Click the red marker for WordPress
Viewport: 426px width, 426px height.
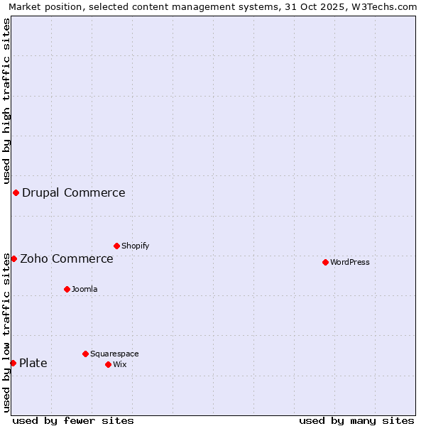[325, 262]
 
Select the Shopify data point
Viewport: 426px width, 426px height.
[116, 246]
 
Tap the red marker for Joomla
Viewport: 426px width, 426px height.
[67, 289]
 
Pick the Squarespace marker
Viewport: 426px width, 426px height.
[85, 354]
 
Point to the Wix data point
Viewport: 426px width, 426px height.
[108, 364]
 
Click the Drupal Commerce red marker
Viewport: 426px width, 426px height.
[16, 192]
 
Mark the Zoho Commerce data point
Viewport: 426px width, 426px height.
[13, 258]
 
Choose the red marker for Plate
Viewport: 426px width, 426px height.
[13, 363]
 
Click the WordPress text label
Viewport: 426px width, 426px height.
[350, 262]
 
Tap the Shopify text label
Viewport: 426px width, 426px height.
[136, 246]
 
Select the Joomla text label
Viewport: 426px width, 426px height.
[84, 289]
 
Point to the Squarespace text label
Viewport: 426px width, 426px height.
[114, 354]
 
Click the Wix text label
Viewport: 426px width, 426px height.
[120, 364]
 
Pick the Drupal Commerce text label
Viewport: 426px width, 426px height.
[74, 192]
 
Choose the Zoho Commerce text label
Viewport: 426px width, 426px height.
[67, 258]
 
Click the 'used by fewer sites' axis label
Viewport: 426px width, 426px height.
[73, 420]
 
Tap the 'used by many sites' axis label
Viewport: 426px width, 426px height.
[356, 420]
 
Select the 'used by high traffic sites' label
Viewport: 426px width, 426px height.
[6, 101]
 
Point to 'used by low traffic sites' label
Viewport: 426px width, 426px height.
[6, 332]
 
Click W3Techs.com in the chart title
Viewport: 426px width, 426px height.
[383, 7]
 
